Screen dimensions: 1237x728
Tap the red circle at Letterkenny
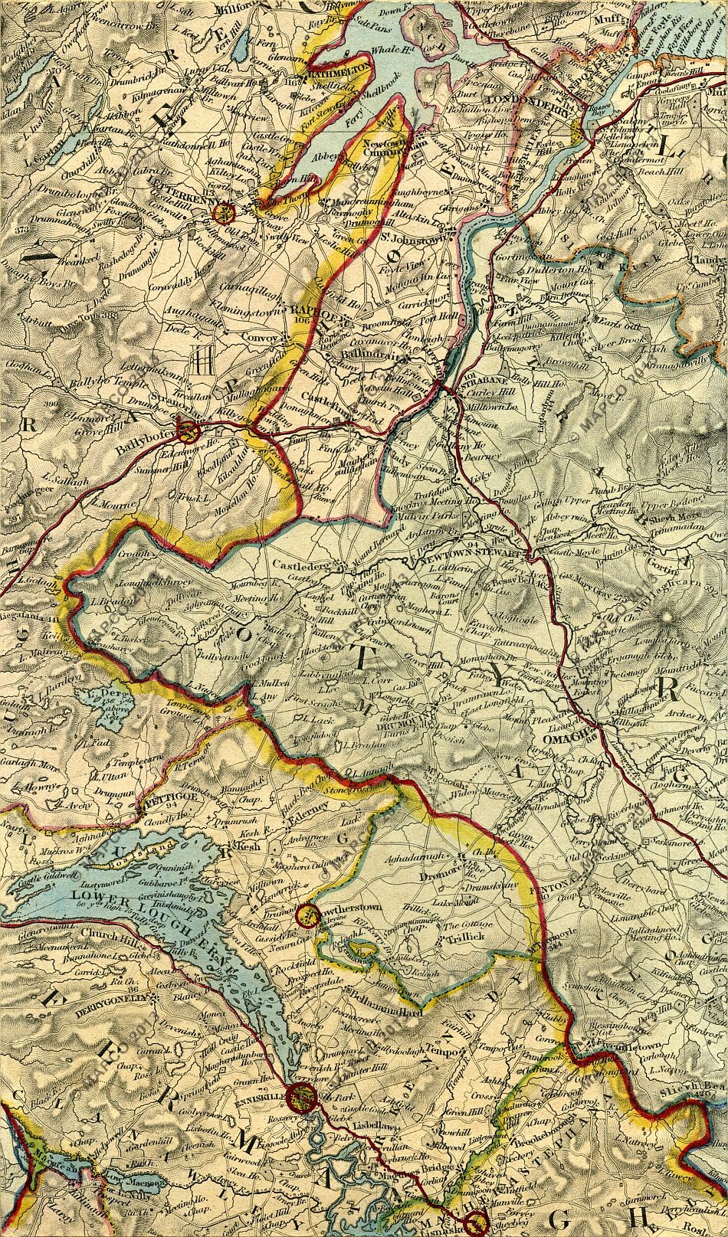[224, 212]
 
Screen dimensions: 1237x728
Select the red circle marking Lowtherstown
[307, 914]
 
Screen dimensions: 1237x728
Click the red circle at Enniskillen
[299, 1096]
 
